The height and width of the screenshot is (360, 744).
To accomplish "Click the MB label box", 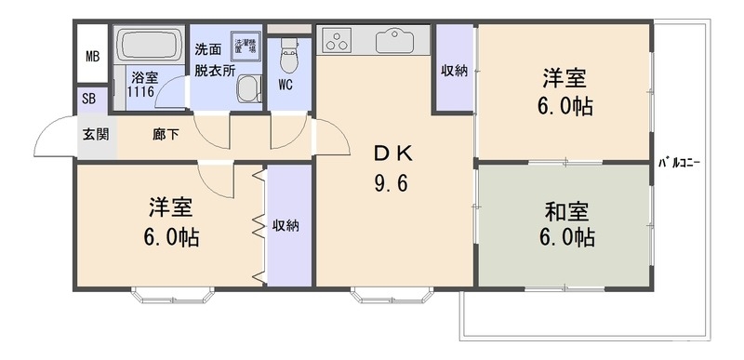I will [x=91, y=56].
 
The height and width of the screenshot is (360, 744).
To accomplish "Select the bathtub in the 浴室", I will [x=150, y=46].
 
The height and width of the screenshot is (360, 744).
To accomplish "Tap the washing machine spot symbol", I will [x=246, y=45].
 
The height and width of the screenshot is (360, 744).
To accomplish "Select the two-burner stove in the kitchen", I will [x=335, y=41].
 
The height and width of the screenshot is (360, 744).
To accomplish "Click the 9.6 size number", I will [x=392, y=183].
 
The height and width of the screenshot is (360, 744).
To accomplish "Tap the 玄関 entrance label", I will [x=95, y=134].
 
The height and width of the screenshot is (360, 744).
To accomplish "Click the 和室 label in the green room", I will [x=566, y=210].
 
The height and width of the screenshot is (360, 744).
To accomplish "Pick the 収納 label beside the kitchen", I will [x=454, y=71].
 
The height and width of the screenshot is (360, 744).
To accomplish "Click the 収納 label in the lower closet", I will [x=286, y=225].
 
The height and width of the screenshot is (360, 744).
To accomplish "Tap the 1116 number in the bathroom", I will [x=142, y=92].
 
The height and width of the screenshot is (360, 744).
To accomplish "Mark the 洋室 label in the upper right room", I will [x=566, y=77].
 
